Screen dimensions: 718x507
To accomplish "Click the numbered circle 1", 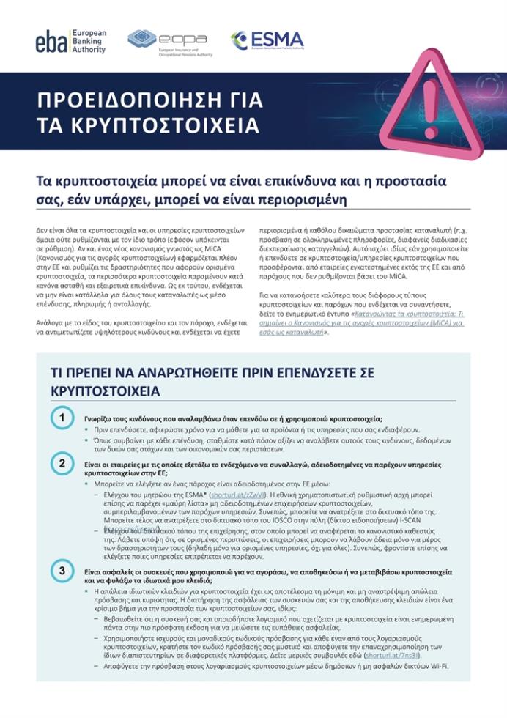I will point(62,417).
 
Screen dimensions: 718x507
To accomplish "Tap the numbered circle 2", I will point(62,463).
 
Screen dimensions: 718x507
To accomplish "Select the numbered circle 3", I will point(62,570).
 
